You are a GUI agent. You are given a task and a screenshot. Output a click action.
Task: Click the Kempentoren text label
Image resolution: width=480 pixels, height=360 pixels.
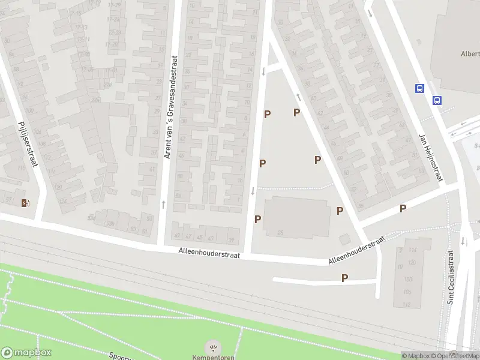point(212,358)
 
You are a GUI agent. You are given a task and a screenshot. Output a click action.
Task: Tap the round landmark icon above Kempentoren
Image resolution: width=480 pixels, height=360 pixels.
point(212,347)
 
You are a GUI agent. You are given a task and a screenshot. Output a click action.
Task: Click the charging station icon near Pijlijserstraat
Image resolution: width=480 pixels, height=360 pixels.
point(25,203)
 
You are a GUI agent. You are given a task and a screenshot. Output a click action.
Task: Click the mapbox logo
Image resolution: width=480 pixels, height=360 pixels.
point(26,353)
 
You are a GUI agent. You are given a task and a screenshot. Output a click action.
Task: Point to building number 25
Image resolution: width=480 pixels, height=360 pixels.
point(280,232)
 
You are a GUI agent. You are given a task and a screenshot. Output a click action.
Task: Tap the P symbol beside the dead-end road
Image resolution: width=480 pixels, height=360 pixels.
point(344,278)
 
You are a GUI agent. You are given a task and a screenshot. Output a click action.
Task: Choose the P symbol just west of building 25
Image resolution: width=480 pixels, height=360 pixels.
point(257,219)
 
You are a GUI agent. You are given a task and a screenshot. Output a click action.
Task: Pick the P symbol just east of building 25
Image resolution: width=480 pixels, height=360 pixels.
point(340,211)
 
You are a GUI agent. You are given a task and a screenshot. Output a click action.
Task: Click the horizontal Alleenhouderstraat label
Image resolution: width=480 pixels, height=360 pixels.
point(209,254)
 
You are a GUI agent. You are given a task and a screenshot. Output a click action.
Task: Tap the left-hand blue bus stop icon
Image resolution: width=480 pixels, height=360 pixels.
point(419,88)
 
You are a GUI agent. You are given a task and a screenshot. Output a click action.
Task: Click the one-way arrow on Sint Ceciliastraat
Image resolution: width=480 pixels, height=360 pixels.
point(463,241)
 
